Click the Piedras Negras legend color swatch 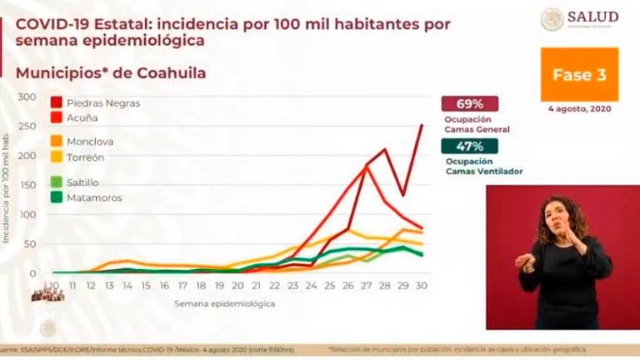click(57, 103)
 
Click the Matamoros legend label click(94, 197)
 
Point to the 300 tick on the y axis click(27, 97)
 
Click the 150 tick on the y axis click(27, 185)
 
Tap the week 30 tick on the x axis click(422, 286)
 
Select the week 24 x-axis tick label click(311, 286)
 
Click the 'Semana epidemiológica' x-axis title click(225, 303)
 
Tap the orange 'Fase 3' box click(579, 75)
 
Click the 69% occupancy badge click(470, 104)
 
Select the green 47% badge click(470, 146)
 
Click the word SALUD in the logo click(592, 17)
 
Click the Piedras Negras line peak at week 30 click(422, 126)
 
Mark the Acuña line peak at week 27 click(367, 167)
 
